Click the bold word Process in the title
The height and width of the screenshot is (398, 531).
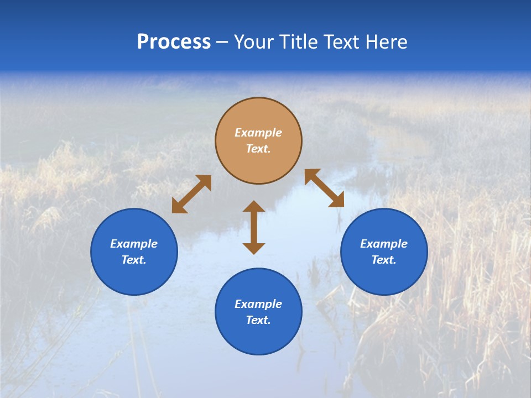click(174, 42)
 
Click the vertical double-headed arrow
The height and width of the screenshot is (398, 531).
click(254, 227)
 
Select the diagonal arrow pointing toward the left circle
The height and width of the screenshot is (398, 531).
click(191, 194)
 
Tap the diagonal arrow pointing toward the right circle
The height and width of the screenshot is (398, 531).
click(324, 188)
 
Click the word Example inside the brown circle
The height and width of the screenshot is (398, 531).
click(258, 133)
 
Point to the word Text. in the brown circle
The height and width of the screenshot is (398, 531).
click(258, 149)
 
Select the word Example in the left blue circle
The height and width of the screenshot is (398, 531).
click(134, 244)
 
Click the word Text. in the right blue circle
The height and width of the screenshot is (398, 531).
click(384, 260)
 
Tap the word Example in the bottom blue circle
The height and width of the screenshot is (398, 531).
click(258, 304)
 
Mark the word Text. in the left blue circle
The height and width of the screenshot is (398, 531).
click(134, 260)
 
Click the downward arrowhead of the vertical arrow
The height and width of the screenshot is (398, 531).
click(254, 248)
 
